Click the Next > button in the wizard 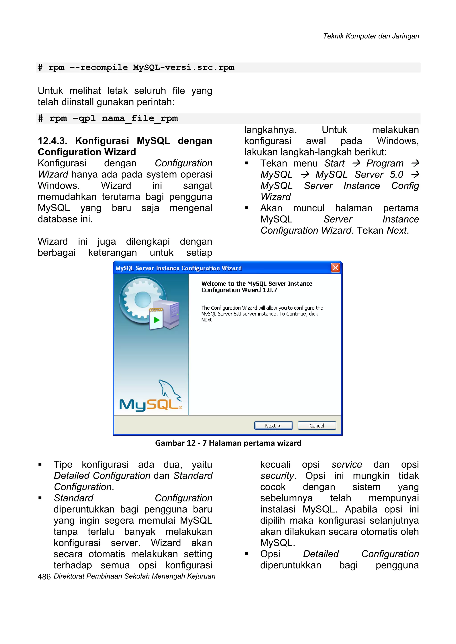273,426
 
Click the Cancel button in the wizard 317,426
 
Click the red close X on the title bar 335,268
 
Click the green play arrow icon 156,320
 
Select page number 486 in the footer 44,577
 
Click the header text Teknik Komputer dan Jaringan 371,36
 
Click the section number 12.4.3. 52,141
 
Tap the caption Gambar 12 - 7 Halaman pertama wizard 228,443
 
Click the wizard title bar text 179,268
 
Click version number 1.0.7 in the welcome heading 270,290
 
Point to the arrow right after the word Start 356,163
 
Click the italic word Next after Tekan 397,230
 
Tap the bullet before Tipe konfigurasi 40,464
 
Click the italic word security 277,476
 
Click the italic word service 346,465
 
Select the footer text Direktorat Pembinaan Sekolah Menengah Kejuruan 134,576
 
